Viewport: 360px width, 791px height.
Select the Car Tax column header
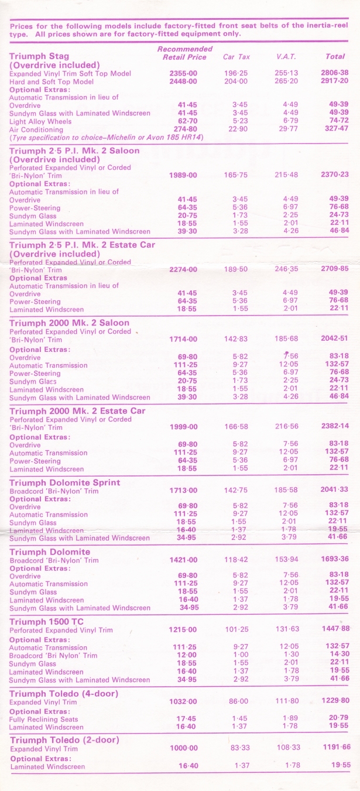(x=236, y=57)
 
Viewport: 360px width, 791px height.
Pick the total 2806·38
(x=333, y=73)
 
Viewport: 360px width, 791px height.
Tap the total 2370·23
(x=333, y=174)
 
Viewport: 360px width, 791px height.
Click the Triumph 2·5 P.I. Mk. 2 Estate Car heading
(x=83, y=245)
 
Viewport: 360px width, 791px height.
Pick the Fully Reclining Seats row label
(x=44, y=719)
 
